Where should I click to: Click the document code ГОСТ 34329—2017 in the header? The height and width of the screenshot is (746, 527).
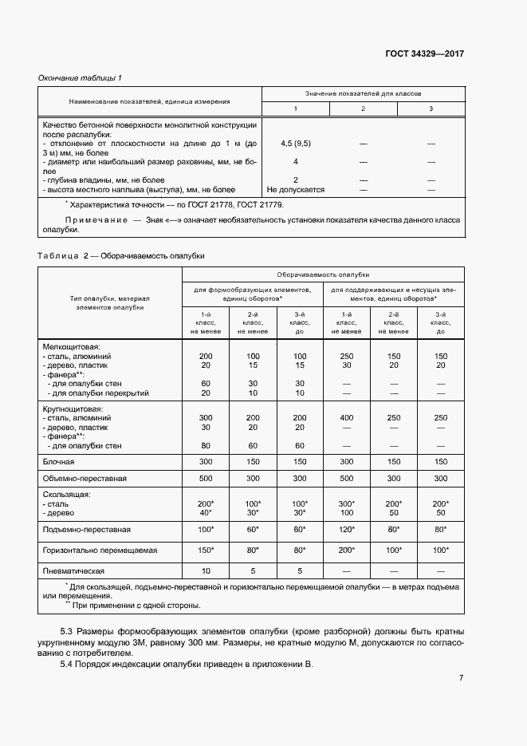coord(425,54)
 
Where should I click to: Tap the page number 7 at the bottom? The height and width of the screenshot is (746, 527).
coord(461,677)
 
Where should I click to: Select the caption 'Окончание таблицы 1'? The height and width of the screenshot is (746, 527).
coord(81,77)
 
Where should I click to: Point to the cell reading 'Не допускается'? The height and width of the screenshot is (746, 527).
coord(296,190)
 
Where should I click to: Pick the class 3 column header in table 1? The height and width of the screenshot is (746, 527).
coord(431,109)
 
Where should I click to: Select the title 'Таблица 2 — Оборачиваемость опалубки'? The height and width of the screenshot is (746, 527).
coord(121,255)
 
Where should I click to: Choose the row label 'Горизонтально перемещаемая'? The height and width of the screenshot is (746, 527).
coord(100,551)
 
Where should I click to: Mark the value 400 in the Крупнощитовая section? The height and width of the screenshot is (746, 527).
coord(347,417)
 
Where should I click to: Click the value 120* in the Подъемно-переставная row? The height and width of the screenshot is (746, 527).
coord(347,529)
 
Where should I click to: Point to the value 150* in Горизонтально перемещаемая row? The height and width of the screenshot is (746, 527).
coord(206,551)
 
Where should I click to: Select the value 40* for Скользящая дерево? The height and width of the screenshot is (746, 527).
coord(206,513)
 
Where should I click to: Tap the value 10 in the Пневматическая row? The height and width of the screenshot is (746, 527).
coord(206,571)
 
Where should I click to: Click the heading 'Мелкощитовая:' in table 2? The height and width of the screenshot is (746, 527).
coord(71,346)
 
